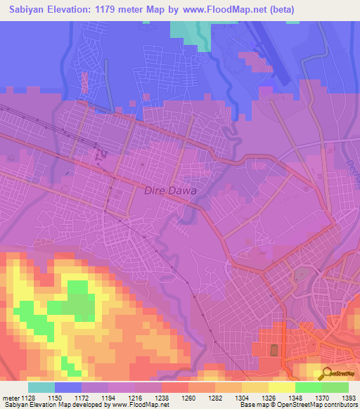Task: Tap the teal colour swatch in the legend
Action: pos(41,387)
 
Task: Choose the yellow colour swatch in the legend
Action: pos(281,387)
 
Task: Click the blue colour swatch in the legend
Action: pos(68,387)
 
